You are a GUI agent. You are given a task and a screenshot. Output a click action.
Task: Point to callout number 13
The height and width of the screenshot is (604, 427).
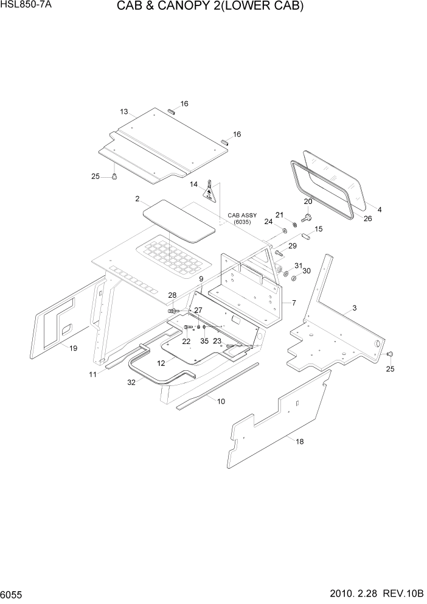(x=124, y=111)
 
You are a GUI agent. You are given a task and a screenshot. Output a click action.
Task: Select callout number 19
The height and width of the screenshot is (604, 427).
(x=73, y=348)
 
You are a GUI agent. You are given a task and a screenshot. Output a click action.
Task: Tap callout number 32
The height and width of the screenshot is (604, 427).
(x=131, y=382)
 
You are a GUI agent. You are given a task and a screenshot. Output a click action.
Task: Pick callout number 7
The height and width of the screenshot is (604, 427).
(x=294, y=303)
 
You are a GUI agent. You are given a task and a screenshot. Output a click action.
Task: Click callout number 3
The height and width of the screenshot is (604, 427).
(x=354, y=309)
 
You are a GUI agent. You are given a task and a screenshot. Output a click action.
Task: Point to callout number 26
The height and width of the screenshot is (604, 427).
(x=367, y=219)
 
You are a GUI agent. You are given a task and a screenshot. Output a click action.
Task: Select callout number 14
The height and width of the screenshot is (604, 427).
(x=193, y=184)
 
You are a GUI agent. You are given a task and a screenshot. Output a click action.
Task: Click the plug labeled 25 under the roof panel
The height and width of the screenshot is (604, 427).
(x=113, y=177)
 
